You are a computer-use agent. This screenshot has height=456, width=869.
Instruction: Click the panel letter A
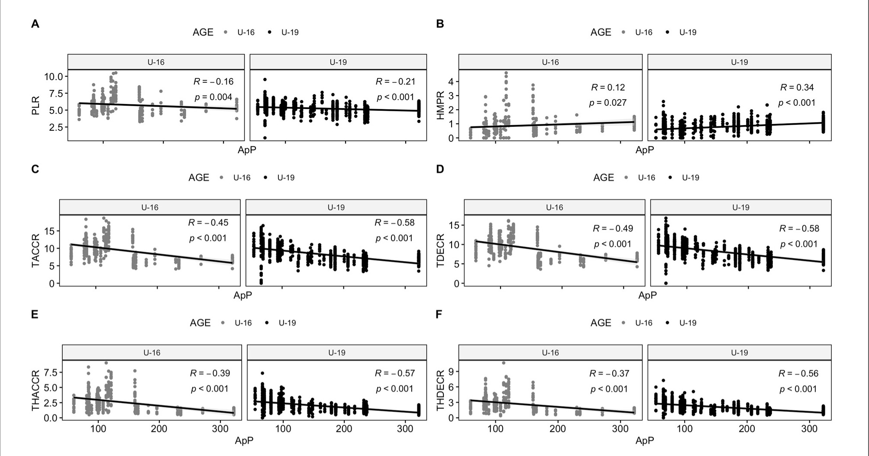click(x=35, y=24)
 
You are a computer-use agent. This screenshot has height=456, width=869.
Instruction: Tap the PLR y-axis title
click(x=36, y=106)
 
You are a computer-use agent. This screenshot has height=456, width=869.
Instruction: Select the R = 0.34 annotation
click(x=797, y=87)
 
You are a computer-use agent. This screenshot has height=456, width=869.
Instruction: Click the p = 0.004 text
click(x=213, y=97)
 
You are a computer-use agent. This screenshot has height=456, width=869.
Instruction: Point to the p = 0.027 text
click(x=607, y=103)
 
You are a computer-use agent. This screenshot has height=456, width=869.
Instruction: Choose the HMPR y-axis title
click(x=440, y=105)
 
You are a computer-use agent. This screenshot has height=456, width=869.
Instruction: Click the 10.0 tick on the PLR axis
click(x=54, y=77)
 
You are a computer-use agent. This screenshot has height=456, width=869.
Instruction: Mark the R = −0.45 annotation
click(x=208, y=223)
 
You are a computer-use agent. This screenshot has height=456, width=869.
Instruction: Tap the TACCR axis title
click(x=36, y=250)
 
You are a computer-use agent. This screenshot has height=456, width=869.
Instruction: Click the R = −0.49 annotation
click(x=613, y=228)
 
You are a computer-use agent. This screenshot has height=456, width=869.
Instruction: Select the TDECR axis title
click(x=440, y=250)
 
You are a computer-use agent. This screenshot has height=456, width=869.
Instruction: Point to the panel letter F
click(x=439, y=314)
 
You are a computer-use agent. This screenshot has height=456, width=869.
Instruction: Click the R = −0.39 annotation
click(x=210, y=373)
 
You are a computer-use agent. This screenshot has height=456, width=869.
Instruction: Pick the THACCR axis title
click(x=36, y=390)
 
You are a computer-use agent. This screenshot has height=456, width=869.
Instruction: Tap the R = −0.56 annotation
click(x=798, y=373)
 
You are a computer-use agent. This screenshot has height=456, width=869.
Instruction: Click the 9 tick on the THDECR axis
click(x=451, y=372)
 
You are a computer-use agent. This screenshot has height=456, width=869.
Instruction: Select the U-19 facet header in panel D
click(x=740, y=207)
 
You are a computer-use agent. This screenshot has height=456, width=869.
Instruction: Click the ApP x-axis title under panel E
click(x=244, y=440)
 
